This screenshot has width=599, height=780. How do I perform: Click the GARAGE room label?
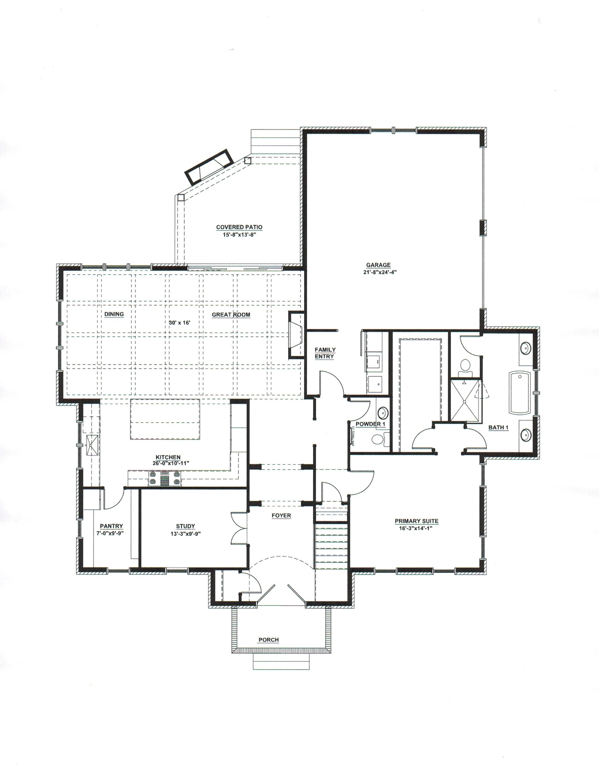pos(378,265)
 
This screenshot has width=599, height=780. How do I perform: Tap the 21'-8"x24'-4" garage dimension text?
pos(378,272)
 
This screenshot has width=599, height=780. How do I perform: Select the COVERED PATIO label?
pos(239,227)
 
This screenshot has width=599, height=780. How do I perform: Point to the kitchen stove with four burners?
pos(165,478)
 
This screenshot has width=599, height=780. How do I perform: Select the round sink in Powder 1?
pos(382,412)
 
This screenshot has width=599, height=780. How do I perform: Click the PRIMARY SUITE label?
pos(416,521)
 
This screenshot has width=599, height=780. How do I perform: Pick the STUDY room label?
pos(186,526)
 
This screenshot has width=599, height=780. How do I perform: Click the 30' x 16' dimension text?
pos(179,323)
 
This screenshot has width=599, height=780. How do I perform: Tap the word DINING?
pos(114,314)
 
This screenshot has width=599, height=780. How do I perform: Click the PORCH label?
pos(269,640)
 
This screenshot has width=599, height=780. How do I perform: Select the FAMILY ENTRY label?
pos(325,353)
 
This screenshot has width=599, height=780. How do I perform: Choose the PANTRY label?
pos(111,526)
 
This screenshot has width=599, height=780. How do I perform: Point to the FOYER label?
pos(281,516)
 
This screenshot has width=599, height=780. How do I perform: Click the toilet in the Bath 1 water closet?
pos(465,366)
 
